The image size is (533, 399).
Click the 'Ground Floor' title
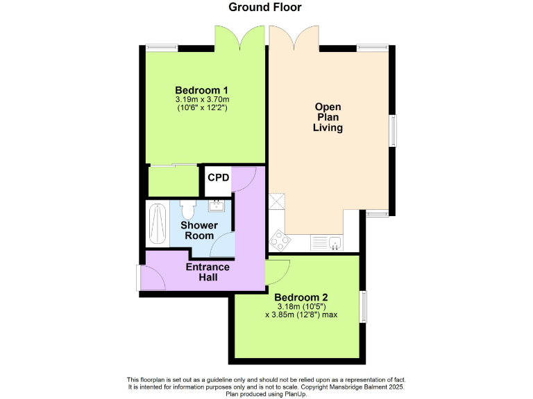[266, 8]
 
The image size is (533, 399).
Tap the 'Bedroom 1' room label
[201, 90]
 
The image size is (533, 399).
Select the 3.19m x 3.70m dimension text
[202, 100]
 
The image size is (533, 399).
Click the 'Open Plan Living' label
[328, 117]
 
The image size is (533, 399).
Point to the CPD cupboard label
[218, 177]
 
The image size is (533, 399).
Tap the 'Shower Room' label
[199, 230]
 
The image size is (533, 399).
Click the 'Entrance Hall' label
[208, 272]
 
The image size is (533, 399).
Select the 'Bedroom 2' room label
[301, 297]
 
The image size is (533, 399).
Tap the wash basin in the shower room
[217, 204]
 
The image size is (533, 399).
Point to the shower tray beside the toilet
[157, 223]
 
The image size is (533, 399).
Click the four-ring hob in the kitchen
[280, 241]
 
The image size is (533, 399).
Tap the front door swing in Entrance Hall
[153, 278]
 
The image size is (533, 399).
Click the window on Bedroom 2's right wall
[363, 306]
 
